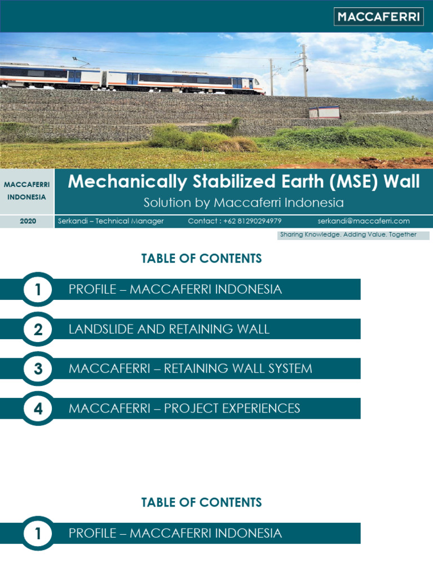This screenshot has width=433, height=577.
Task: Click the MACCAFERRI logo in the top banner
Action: click(379, 17)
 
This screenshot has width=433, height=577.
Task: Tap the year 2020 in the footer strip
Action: click(28, 221)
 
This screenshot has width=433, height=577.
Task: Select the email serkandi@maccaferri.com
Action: click(363, 221)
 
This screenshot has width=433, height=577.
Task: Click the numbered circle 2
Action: click(38, 330)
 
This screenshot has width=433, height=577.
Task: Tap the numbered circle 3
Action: click(38, 369)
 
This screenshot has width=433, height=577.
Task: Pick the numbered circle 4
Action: click(38, 409)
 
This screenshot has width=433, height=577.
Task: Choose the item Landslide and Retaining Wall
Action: click(169, 329)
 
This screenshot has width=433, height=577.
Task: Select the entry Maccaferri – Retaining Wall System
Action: click(190, 369)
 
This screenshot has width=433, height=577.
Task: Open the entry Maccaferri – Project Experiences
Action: click(184, 408)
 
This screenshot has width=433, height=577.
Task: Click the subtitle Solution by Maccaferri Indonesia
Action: click(244, 202)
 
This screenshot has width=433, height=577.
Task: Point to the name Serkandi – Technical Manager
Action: click(111, 221)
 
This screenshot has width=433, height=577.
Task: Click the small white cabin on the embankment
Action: click(324, 112)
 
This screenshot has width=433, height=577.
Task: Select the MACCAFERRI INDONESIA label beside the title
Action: click(27, 191)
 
